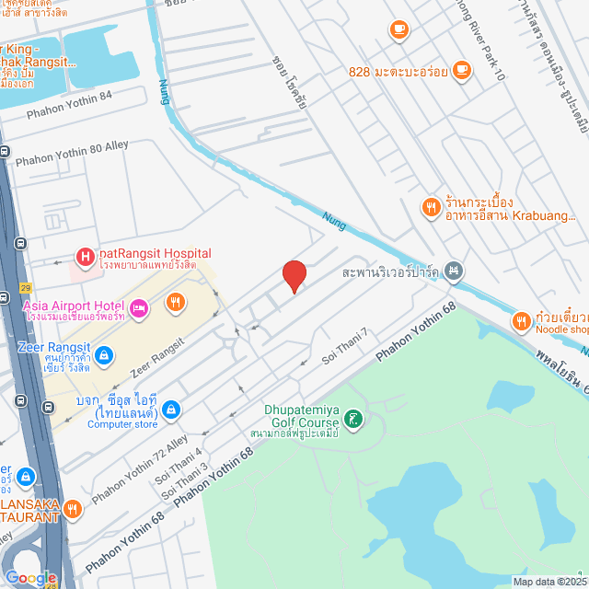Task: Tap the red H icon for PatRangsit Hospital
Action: (x=85, y=257)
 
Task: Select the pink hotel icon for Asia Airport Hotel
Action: (x=139, y=308)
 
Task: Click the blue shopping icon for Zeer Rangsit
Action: (x=104, y=353)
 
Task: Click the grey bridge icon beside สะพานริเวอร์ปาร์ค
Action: (x=453, y=271)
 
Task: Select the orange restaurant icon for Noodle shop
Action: (x=522, y=321)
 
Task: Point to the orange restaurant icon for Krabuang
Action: (x=429, y=208)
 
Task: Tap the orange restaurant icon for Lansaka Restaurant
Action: (x=73, y=507)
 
